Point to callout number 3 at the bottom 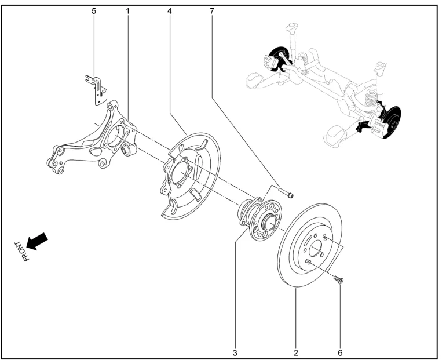click(x=236, y=351)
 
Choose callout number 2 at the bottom click(x=296, y=351)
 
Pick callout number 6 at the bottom click(x=340, y=351)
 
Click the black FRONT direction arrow click(x=37, y=241)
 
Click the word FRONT click(x=21, y=251)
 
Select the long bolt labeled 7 click(x=284, y=192)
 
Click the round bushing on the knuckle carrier click(x=129, y=151)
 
